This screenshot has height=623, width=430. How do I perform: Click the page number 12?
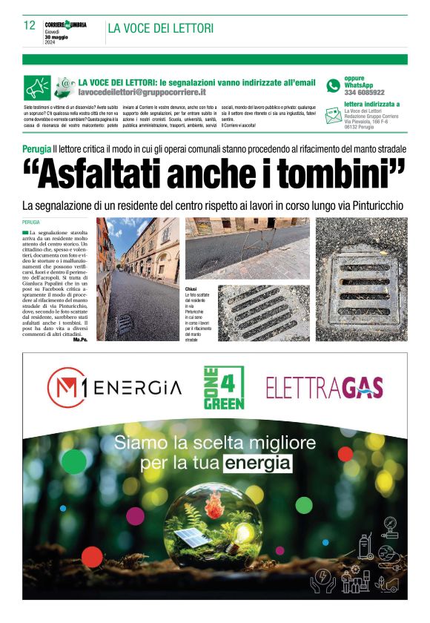pyautogui.click(x=30, y=26)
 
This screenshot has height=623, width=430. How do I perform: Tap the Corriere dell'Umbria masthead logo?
pyautogui.click(x=65, y=24)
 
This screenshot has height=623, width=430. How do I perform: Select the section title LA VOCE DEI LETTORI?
pyautogui.click(x=161, y=28)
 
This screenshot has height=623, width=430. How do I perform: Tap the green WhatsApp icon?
pyautogui.click(x=333, y=85)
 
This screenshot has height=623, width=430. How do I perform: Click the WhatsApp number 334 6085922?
pyautogui.click(x=364, y=93)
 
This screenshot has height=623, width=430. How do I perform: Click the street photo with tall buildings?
pyautogui.click(x=137, y=278)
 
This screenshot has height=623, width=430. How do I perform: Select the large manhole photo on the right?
pyautogui.click(x=362, y=278)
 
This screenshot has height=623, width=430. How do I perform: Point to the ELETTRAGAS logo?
pyautogui.click(x=325, y=387)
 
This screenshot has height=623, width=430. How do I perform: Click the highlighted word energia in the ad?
pyautogui.click(x=259, y=464)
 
